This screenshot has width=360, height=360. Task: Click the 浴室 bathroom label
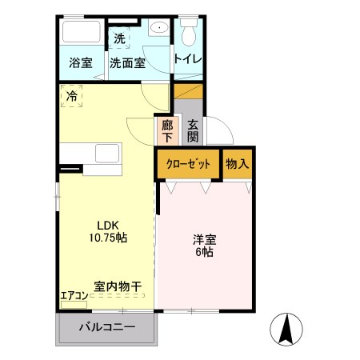coord(80,62)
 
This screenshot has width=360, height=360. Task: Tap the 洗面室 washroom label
coord(127,62)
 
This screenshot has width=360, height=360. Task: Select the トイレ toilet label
coord(188,58)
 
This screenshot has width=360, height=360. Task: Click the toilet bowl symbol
coord(190,33)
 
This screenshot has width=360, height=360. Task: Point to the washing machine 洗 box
coord(119,38)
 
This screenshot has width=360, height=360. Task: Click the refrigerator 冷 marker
coord(71,97)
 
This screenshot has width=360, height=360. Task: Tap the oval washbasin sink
coord(158,29)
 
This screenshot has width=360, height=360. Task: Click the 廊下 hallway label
coord(166,130)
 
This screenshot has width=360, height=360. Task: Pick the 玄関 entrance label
coord(193,130)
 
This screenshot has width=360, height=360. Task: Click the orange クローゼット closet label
coord(189,164)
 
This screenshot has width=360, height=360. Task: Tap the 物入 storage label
coord(238,164)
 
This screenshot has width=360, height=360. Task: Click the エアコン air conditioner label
coord(74,296)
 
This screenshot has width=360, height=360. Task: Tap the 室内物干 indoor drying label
coord(118,286)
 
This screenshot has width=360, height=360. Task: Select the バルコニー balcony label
coord(106,326)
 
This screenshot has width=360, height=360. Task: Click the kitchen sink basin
coord(107,153)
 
